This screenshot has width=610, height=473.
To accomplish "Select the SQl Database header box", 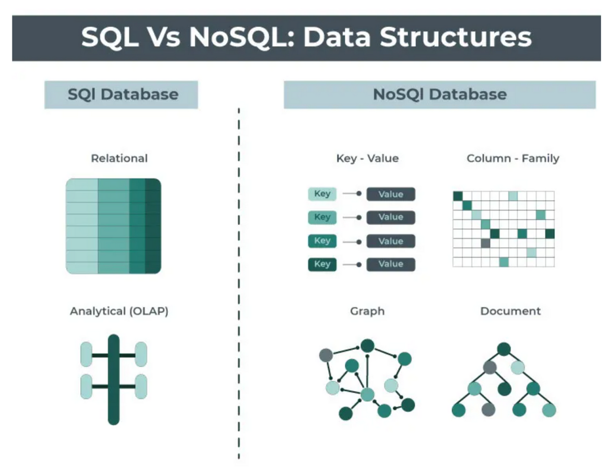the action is coord(121,94).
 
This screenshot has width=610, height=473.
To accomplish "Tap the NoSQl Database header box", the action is coord(439,94).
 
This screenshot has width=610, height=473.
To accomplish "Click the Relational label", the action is coord(119,158).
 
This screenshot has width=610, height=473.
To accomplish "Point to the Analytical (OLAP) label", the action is coord(119,311).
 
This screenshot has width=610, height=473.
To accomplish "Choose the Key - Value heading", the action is coord(367,158).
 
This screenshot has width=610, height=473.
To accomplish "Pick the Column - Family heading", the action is coord(513,158).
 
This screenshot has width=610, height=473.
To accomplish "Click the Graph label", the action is coord(367,311).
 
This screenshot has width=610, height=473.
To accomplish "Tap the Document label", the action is coord(511,311).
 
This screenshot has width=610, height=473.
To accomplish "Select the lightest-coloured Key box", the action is coord(322,194).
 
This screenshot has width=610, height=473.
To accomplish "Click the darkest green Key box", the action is coord(322,264).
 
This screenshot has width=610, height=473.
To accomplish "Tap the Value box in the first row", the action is coord(391,194).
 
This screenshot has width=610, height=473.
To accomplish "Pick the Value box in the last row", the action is coord(391,264).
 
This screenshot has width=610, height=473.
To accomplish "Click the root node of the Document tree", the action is coord(504,349).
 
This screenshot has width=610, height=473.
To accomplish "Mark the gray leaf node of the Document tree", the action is coord(488,410).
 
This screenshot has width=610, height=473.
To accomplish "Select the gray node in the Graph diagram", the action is coord(326,355).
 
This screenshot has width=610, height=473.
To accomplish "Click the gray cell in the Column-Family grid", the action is coord(485,244).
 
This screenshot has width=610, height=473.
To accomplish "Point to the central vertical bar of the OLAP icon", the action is coord(114,380).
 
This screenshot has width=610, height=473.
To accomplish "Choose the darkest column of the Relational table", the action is coord(153,226).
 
